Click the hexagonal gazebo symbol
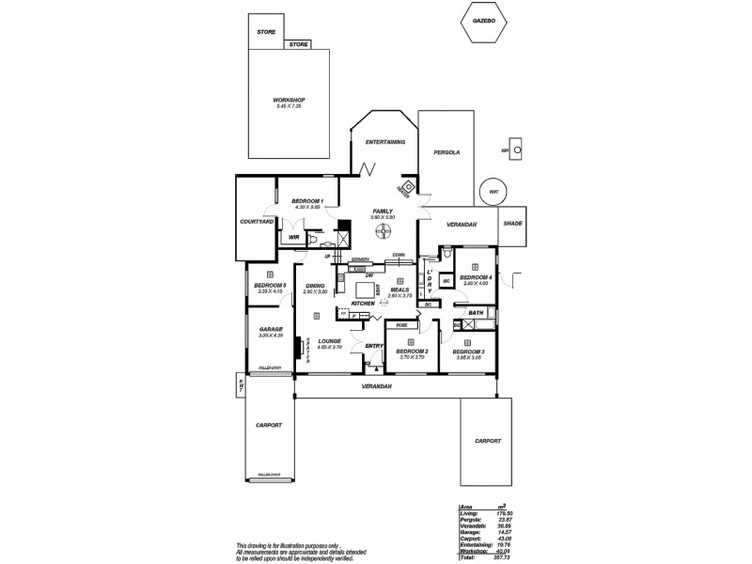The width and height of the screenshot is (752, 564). [x=484, y=20]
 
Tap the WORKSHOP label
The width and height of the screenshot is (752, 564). [x=290, y=100]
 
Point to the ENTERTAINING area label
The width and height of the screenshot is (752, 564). [x=384, y=142]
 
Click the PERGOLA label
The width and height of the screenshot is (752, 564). [x=446, y=151]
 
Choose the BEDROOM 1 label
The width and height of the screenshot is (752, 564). [x=307, y=201]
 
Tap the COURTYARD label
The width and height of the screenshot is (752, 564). [x=257, y=221]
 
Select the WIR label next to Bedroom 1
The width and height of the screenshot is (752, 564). [x=293, y=238]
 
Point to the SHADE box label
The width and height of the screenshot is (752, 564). [x=512, y=224]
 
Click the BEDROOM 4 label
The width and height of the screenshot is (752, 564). [x=478, y=277]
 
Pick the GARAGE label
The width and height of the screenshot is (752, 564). [x=272, y=329]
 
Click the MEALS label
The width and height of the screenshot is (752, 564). [x=400, y=290]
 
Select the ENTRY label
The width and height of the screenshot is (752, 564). [x=374, y=346]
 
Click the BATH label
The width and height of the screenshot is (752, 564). [x=476, y=312]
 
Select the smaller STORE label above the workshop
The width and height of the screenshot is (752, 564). [x=299, y=44]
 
